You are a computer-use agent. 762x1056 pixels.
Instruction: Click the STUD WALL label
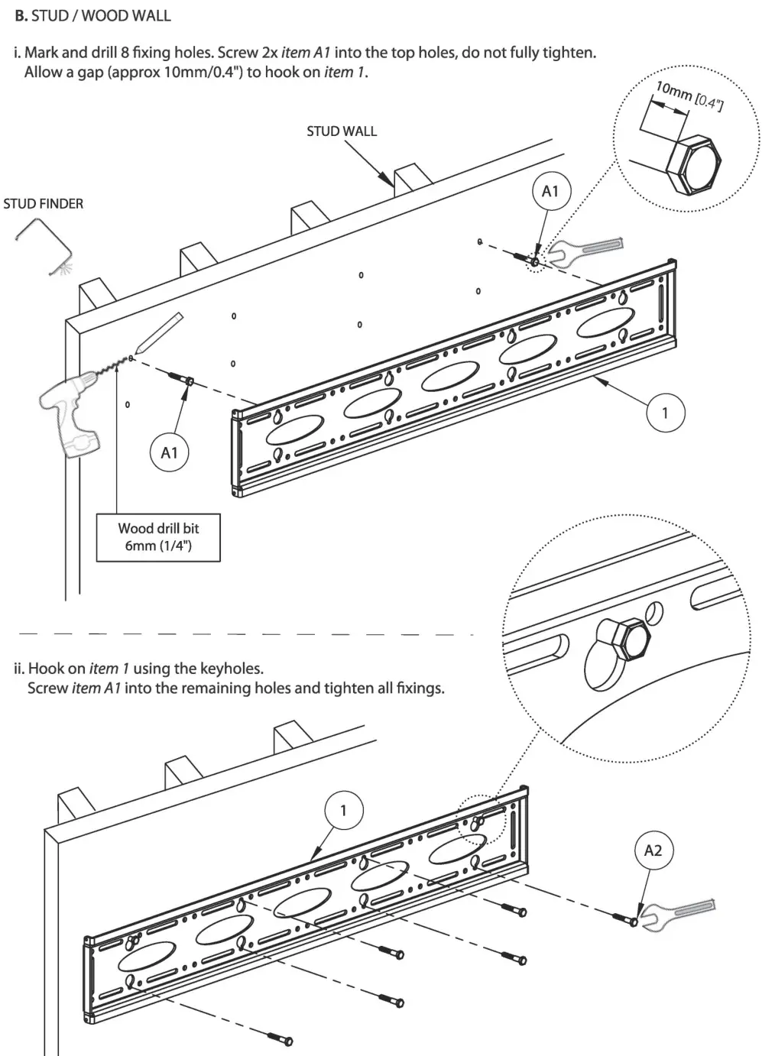(342, 131)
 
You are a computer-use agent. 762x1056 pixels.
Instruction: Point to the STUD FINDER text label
(44, 204)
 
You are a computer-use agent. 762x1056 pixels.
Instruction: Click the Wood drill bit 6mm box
(158, 537)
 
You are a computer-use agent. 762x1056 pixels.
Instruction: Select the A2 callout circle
(653, 850)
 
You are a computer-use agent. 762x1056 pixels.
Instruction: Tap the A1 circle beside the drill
(169, 453)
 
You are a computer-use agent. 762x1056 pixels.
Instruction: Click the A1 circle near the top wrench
(550, 192)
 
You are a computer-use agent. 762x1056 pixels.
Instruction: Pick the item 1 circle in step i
(664, 413)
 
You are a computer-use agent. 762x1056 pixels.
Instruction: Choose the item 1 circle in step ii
(343, 810)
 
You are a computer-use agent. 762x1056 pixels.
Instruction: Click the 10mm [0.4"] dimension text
(689, 95)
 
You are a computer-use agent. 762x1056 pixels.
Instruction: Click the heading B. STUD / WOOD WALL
(93, 15)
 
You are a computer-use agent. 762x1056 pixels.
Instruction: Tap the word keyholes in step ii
(232, 669)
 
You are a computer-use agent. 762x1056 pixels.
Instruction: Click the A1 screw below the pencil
(180, 378)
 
